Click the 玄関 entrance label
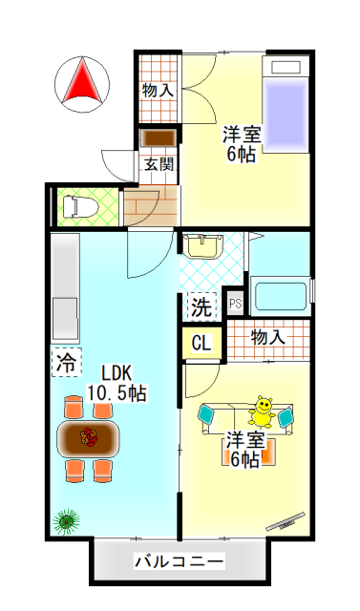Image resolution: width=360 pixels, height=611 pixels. (x=159, y=163)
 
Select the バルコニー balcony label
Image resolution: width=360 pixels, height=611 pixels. (x=179, y=561)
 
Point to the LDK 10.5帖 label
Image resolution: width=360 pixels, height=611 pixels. (x=116, y=382)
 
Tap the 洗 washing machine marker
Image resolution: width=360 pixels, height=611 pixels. (x=200, y=306)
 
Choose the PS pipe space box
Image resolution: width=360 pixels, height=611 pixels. (x=236, y=305)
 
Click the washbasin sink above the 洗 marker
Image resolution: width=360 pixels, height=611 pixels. (x=201, y=248)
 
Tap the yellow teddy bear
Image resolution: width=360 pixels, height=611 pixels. (x=262, y=411)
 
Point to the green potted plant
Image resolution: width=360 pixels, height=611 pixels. (x=66, y=520)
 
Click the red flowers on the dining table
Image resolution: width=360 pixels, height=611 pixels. (x=91, y=438)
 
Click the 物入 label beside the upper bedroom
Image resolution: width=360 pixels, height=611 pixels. (x=158, y=92)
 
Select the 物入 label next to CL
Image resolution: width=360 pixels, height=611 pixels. (x=267, y=337)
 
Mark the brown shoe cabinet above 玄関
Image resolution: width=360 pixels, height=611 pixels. (x=158, y=137)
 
